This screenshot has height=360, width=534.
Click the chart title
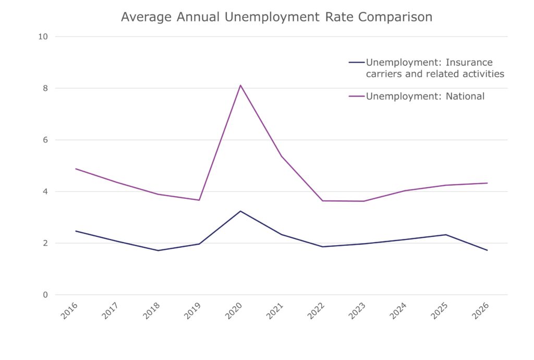pyautogui.click(x=276, y=17)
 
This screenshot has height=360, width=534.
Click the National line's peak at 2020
pyautogui.click(x=240, y=85)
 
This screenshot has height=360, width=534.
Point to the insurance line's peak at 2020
pyautogui.click(x=240, y=211)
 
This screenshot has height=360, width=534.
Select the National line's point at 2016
pyautogui.click(x=76, y=169)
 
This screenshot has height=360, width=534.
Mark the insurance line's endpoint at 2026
pyautogui.click(x=487, y=250)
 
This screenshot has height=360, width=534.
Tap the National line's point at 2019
pyautogui.click(x=199, y=200)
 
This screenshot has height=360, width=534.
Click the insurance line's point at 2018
pyautogui.click(x=158, y=250)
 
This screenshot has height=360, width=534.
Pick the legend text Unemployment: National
pyautogui.click(x=425, y=97)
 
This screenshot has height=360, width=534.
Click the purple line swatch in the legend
pyautogui.click(x=357, y=97)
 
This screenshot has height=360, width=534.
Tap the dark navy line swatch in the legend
pyautogui.click(x=357, y=62)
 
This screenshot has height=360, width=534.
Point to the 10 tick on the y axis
pyautogui.click(x=43, y=37)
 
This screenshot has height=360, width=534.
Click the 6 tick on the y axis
pyautogui.click(x=45, y=140)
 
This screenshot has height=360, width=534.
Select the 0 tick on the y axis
pyautogui.click(x=45, y=295)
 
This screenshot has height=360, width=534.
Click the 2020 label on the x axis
pyautogui.click(x=234, y=310)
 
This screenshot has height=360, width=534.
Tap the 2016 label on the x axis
pyautogui.click(x=69, y=310)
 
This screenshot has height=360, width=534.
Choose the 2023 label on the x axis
pyautogui.click(x=357, y=310)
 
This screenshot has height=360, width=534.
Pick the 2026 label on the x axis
pyautogui.click(x=480, y=310)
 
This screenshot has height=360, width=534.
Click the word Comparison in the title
pyautogui.click(x=395, y=17)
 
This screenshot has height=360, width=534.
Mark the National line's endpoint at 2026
pyautogui.click(x=487, y=183)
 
